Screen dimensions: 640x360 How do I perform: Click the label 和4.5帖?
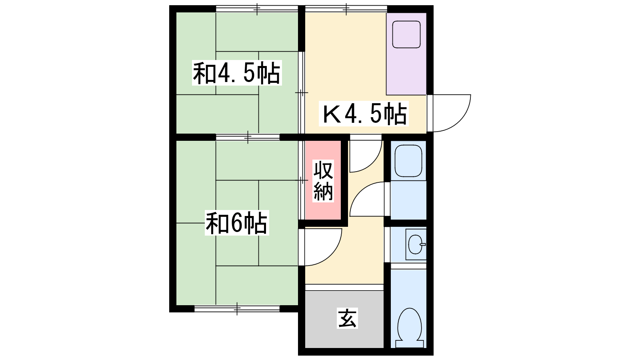[236, 73]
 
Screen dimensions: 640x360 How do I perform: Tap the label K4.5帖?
[364, 114]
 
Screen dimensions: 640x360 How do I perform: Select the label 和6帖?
[236, 223]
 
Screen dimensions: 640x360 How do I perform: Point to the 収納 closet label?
[323, 181]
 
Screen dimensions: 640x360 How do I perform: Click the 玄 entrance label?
[347, 318]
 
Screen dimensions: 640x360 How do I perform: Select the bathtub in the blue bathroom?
[408, 161]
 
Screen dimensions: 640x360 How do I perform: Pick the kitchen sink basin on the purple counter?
[406, 34]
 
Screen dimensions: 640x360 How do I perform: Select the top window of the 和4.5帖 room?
[257, 9]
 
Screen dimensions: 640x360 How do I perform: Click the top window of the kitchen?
[346, 9]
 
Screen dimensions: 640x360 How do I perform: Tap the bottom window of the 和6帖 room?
[237, 308]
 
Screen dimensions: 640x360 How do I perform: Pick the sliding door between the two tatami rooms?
[248, 137]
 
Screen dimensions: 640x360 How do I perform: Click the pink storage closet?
[323, 180]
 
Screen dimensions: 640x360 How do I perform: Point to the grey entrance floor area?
[344, 319]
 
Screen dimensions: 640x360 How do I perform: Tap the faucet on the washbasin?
[422, 244]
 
